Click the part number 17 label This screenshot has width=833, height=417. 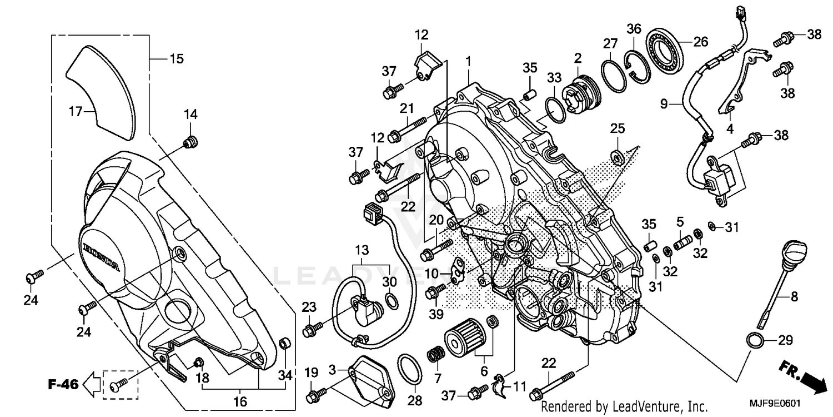[x=76, y=111]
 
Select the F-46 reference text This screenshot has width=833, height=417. [x=62, y=384]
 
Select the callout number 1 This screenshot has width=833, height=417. [x=468, y=59]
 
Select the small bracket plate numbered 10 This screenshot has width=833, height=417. [x=458, y=269]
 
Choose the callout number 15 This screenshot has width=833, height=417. [x=176, y=58]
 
